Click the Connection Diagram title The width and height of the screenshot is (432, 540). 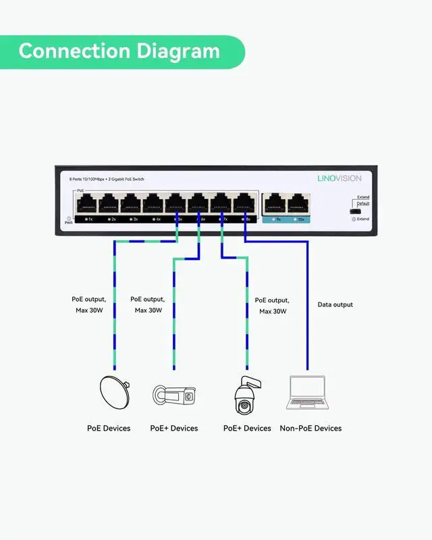pos(119,51)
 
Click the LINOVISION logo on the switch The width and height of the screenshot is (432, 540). pos(339,178)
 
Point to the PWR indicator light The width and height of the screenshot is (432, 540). pos(69,218)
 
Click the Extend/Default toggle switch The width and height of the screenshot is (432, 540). pos(353,212)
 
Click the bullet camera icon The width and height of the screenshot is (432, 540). pos(173,396)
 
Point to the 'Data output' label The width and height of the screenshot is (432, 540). pos(335,305)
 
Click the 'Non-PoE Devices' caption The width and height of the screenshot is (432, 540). pos(310,428)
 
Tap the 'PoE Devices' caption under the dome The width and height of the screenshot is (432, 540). pos(109,428)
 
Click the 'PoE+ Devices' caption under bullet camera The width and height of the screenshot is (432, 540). pos(174,428)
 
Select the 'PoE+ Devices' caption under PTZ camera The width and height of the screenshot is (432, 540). pos(247,428)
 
